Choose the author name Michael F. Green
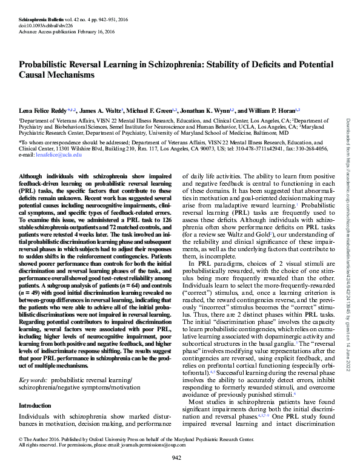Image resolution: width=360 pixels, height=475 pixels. coord(152,111)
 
